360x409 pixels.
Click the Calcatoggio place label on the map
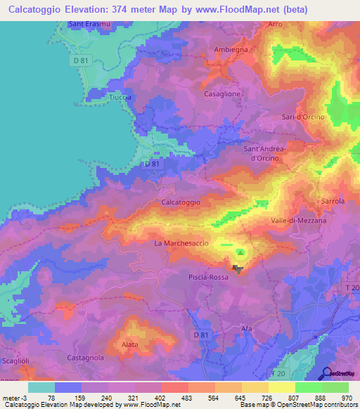point(181,202)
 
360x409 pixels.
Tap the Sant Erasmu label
point(88,25)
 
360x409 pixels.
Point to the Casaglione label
point(222,93)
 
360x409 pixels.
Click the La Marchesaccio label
point(179,243)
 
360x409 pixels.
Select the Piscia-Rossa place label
point(209,278)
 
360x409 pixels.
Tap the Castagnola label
point(85,358)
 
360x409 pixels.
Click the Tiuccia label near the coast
point(121,98)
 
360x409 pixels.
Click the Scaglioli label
point(15,361)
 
